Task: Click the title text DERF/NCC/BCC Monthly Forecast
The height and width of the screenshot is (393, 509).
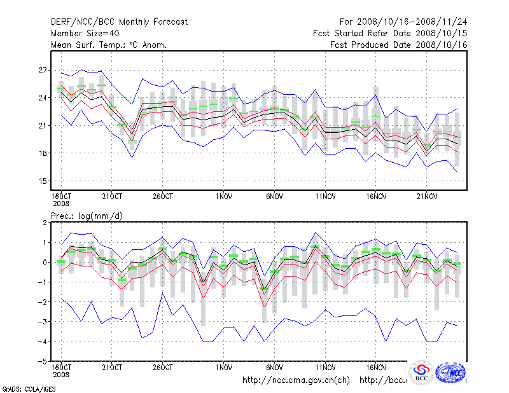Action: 119,22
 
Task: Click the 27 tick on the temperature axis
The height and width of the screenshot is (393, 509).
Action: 43,70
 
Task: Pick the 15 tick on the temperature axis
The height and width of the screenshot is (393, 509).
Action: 43,181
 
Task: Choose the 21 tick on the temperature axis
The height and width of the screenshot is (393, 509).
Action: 43,126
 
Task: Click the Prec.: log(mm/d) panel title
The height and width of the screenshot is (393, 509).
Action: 87,216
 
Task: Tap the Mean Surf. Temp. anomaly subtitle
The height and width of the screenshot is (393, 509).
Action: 109,45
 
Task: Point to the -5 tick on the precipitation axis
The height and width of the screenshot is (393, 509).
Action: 42,361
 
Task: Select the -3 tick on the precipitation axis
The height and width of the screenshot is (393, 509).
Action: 42,322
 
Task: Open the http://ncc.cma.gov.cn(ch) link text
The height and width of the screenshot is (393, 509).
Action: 296,380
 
